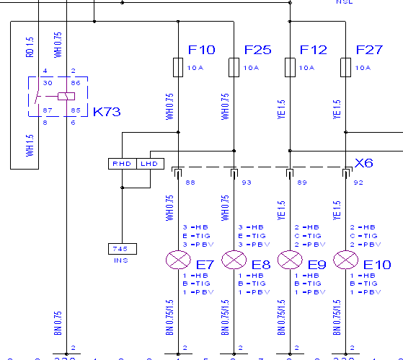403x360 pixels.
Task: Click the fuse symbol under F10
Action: (x=178, y=68)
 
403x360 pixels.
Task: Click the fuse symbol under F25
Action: (x=234, y=68)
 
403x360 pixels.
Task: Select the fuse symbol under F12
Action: (x=290, y=68)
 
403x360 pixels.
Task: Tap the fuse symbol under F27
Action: (x=345, y=68)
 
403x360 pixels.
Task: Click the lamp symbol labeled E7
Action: (x=177, y=259)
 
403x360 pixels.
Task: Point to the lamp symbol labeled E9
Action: (x=289, y=259)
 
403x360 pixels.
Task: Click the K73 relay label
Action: (x=107, y=112)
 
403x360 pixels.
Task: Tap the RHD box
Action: (x=120, y=164)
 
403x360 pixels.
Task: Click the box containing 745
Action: (x=120, y=249)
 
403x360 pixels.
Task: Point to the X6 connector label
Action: (x=364, y=163)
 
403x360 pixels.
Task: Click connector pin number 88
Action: (x=190, y=182)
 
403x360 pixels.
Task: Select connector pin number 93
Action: (x=246, y=182)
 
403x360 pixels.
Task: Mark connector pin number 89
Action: (x=302, y=182)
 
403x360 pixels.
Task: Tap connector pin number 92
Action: (x=358, y=182)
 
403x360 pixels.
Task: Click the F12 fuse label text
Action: (x=314, y=50)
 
